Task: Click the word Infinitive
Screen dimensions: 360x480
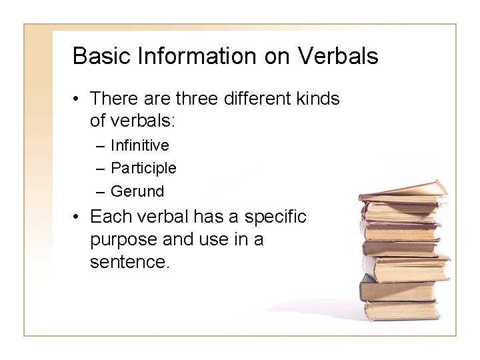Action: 139,145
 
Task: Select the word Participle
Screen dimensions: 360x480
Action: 143,168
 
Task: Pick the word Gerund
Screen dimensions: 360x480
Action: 137,191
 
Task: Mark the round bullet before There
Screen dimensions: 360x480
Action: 77,99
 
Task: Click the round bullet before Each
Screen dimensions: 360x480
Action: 77,217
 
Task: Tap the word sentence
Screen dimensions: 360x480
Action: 129,261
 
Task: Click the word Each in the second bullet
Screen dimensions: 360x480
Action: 107,217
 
